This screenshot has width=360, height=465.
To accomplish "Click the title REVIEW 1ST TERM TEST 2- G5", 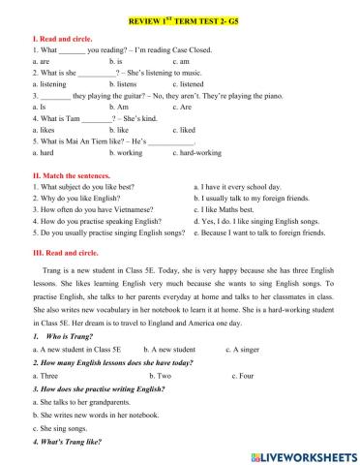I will (179, 19).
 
